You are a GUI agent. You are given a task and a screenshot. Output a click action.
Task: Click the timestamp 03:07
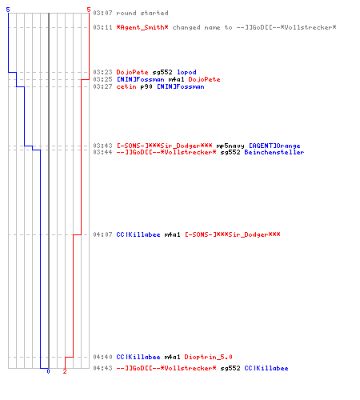coord(102,13)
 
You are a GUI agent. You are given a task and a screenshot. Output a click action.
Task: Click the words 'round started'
coord(142,13)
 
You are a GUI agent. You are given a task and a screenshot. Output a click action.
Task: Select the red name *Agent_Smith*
coord(142,27)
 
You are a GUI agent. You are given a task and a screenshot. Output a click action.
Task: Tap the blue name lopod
coord(186,72)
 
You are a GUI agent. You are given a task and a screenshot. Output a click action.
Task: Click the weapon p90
coord(146,86)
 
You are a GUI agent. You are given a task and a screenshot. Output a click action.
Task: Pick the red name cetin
coord(126,86)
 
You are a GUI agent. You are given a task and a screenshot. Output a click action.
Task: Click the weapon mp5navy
coord(230,146)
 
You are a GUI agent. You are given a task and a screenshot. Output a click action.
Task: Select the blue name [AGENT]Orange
coord(274,146)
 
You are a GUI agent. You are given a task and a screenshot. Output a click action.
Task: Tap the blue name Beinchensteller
coord(274,152)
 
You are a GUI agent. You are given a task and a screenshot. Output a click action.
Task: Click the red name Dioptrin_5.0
coord(208,357)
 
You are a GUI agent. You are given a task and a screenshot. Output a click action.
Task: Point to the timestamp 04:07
coord(102,234)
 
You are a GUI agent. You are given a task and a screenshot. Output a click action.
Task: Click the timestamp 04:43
coord(102,368)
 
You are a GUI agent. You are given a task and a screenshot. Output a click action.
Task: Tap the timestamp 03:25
coord(102,79)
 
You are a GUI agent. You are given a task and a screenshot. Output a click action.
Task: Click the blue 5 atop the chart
coord(8,10)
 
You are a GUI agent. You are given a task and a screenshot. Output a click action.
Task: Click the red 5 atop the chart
coord(89,10)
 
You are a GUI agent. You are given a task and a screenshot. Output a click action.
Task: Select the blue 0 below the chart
coord(48,371)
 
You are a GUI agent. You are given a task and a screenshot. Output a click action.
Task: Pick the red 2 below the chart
coord(65,371)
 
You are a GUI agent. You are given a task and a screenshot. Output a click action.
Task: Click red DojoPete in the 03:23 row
coord(132,72)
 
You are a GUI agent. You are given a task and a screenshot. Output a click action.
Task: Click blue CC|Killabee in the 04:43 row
coord(266,368)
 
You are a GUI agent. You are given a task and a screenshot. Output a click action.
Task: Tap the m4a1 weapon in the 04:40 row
coord(172,357)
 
